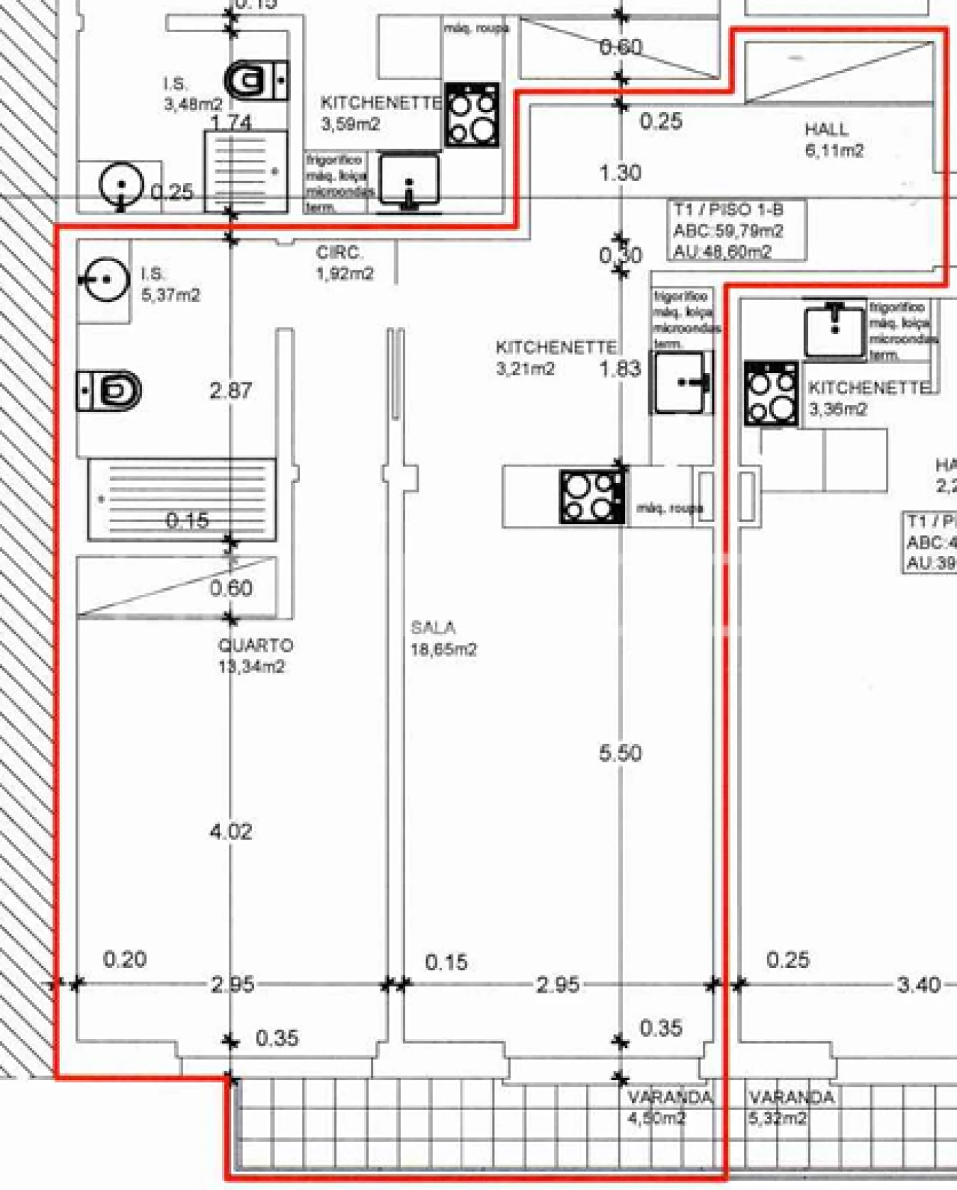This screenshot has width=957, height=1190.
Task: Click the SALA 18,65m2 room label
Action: coord(443,639)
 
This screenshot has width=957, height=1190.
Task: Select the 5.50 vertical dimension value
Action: coord(620,753)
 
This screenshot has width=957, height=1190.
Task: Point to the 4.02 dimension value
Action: coord(230,831)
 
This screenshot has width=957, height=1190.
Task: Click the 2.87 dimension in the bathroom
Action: coord(230,390)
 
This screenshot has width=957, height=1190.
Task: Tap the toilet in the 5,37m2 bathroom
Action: coord(110,391)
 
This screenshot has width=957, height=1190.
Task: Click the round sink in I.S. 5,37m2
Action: coord(103,280)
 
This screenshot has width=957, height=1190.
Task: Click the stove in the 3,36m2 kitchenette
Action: coord(771,394)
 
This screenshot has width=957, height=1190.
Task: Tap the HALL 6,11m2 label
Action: coord(833,140)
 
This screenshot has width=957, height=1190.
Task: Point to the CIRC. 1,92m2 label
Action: coord(344,263)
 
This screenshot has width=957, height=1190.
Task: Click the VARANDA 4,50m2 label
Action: coord(668,1107)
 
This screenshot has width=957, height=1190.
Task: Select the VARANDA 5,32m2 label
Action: coord(790,1107)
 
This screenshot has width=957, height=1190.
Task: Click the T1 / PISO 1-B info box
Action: coord(736,230)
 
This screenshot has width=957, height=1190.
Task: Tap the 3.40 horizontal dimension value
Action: coord(918,984)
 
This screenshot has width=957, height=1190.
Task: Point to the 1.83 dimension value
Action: coord(620,369)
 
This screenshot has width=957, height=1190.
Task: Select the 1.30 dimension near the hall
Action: coord(620,173)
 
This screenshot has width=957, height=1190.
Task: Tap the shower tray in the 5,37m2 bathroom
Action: coord(182,499)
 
